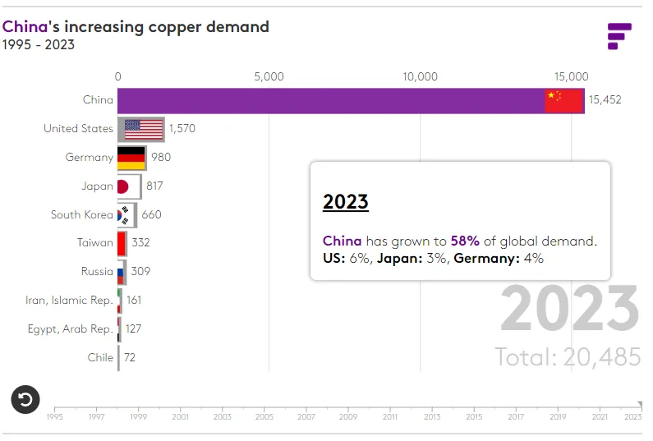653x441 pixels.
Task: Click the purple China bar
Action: (x=329, y=100)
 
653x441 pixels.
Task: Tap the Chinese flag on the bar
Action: (x=564, y=100)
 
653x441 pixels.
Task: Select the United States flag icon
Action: (x=144, y=129)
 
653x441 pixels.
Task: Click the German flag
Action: (x=131, y=158)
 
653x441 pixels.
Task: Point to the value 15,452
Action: (x=605, y=100)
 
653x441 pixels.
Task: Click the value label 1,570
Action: (x=182, y=129)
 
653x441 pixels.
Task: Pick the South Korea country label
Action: (x=82, y=214)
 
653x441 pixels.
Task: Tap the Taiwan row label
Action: (x=95, y=243)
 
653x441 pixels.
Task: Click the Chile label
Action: (x=100, y=357)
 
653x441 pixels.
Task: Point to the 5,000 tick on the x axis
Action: (x=269, y=76)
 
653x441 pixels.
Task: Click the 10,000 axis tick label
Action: (x=420, y=76)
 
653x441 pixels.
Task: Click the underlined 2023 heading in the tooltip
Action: (x=346, y=202)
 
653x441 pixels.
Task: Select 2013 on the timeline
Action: (x=432, y=417)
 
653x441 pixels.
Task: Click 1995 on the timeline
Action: (x=54, y=417)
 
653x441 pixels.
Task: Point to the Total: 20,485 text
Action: (x=568, y=357)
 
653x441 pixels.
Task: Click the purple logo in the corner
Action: (x=619, y=36)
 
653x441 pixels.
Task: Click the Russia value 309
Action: (x=141, y=272)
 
